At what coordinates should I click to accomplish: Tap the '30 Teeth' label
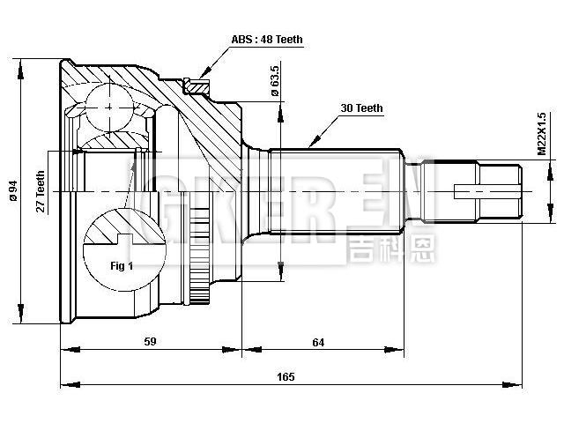click(361, 108)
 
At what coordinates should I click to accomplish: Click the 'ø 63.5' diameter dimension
click(275, 80)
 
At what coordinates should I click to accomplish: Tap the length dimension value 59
click(151, 342)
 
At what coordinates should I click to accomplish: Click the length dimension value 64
click(319, 342)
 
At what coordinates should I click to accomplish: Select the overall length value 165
click(285, 377)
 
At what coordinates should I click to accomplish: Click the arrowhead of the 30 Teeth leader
click(311, 144)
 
